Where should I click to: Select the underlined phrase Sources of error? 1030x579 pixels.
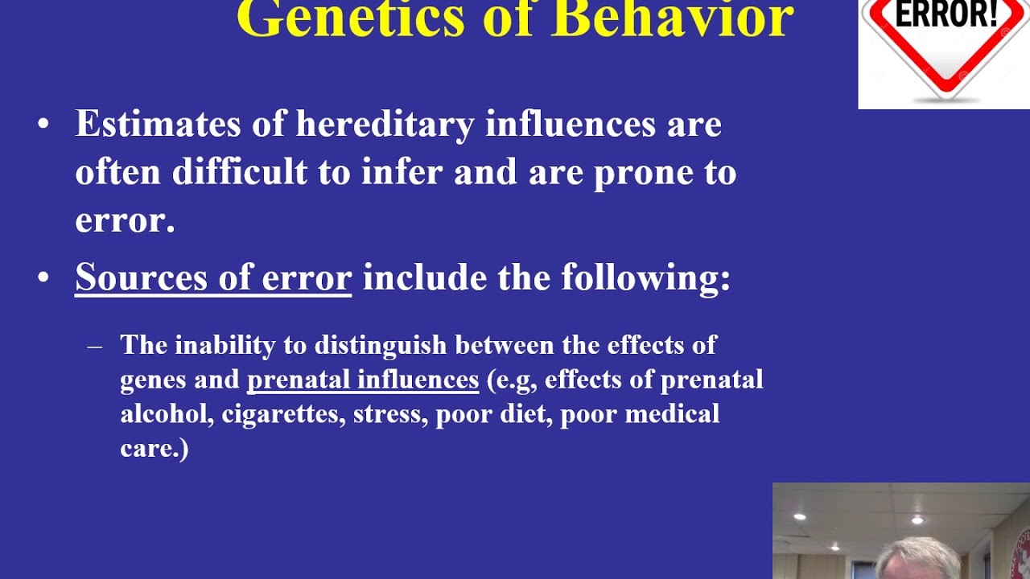(x=213, y=277)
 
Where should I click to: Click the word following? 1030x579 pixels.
(x=645, y=278)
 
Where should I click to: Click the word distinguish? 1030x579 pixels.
(x=381, y=345)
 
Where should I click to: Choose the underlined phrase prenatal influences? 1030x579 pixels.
(x=363, y=380)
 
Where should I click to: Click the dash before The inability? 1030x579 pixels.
(x=95, y=347)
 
